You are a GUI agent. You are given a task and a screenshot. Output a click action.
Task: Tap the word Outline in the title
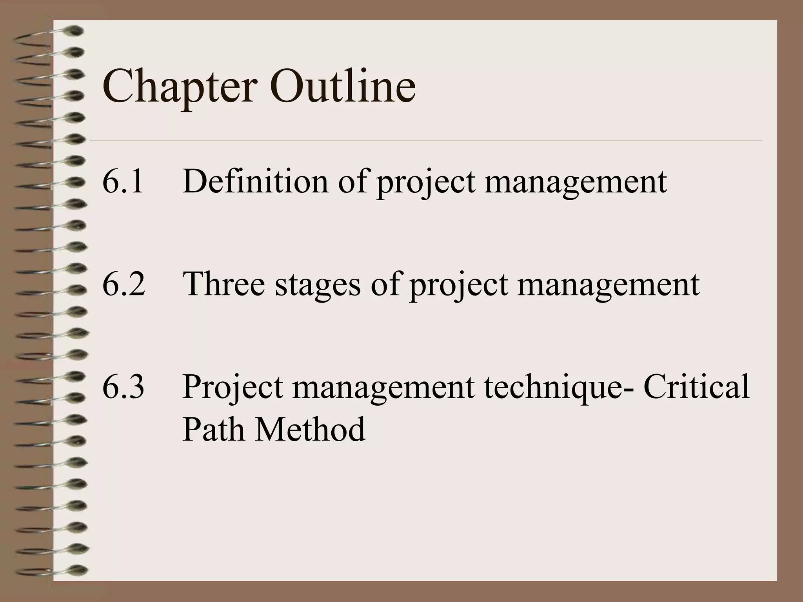click(342, 85)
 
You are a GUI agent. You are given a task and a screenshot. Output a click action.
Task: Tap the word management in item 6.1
click(575, 183)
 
